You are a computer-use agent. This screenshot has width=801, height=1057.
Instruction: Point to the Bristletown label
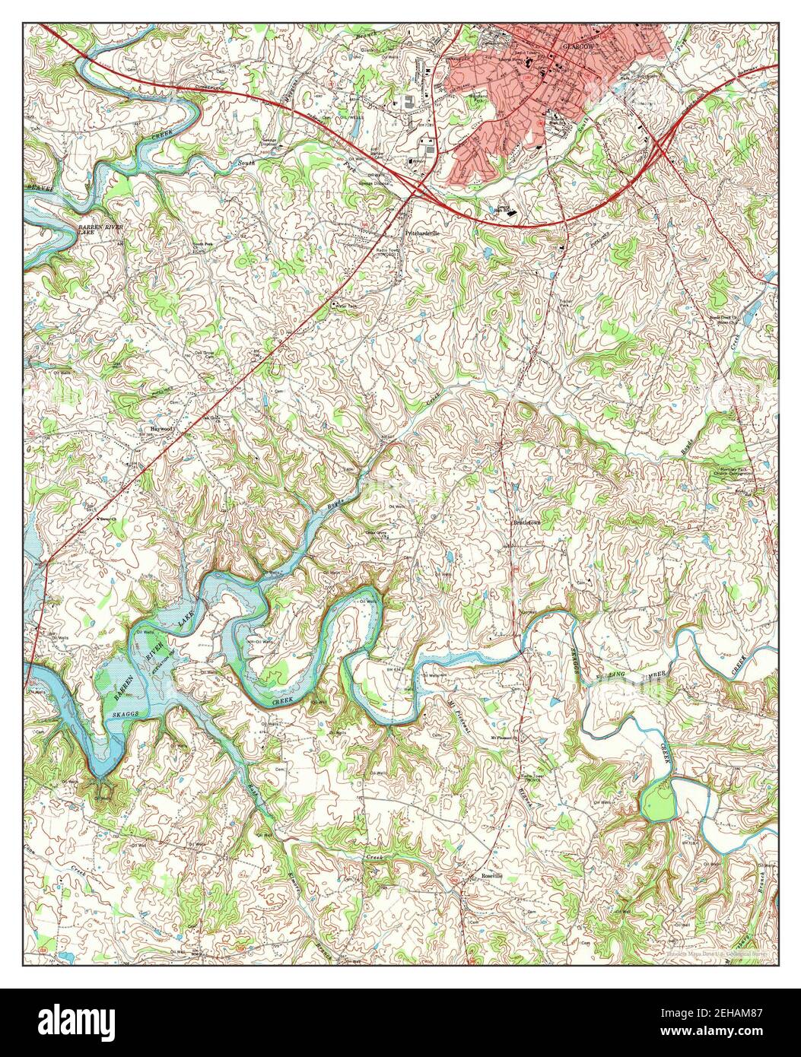[x=529, y=523]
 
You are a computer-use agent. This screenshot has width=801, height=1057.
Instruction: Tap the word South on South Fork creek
[x=246, y=163]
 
